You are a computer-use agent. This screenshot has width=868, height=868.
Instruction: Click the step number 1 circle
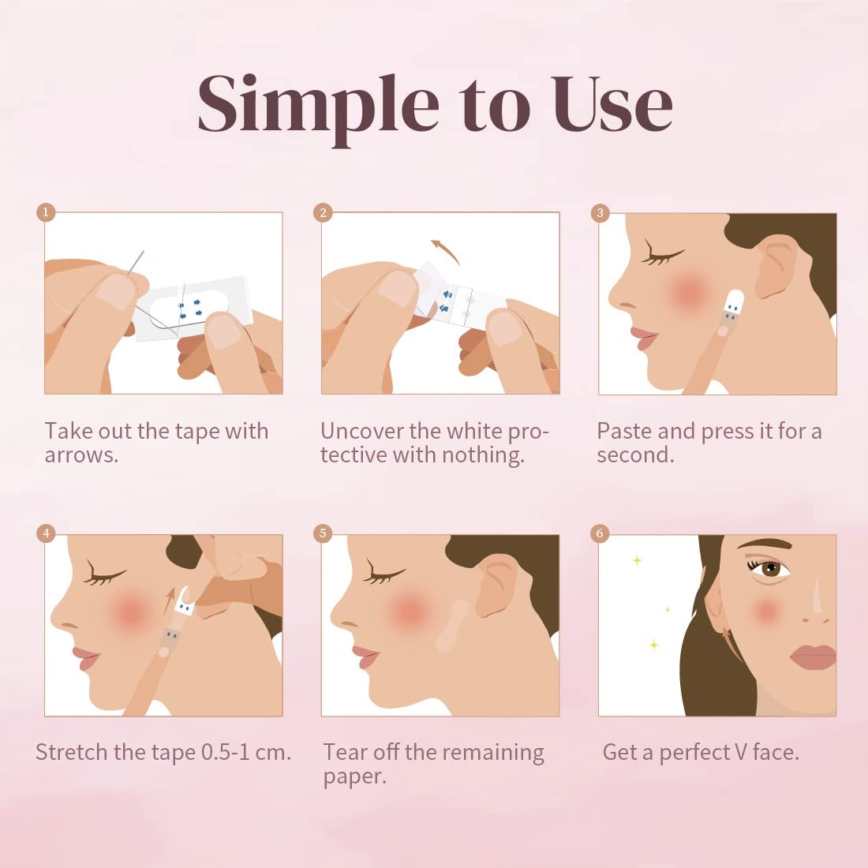[x=46, y=212]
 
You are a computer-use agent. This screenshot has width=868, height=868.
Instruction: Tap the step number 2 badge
[x=323, y=212]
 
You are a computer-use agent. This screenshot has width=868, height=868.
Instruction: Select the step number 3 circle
[x=600, y=212]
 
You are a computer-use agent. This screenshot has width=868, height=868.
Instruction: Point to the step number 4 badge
[x=46, y=533]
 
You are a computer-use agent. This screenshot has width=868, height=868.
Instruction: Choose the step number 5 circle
[x=323, y=533]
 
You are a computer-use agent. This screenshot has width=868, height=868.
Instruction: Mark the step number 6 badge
[x=600, y=533]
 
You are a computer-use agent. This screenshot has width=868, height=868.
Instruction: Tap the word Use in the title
[x=611, y=104]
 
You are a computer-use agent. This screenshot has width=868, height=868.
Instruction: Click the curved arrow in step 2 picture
[x=446, y=251]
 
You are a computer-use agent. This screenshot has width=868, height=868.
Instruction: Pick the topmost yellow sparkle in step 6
[x=638, y=561]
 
